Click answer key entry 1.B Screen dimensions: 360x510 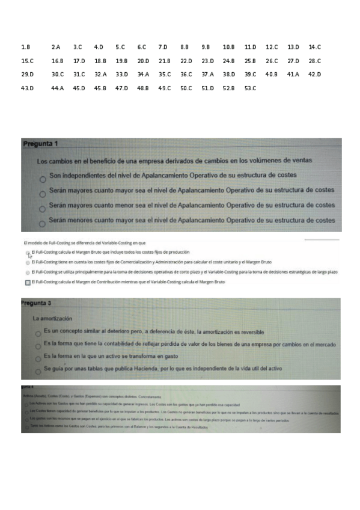25,46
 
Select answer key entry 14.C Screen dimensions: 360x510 315,46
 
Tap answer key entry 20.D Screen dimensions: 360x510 143,61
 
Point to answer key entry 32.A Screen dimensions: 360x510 100,75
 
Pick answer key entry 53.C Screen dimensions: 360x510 251,88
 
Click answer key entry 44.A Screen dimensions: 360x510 58,88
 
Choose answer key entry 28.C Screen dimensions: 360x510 315,61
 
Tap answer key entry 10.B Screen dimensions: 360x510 228,46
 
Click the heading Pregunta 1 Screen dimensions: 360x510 40,144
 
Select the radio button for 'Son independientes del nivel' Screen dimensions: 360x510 42,179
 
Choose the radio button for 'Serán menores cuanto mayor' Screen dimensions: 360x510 42,223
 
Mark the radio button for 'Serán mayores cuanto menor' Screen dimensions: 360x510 42,208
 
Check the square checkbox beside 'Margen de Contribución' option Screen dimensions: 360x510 28,282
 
